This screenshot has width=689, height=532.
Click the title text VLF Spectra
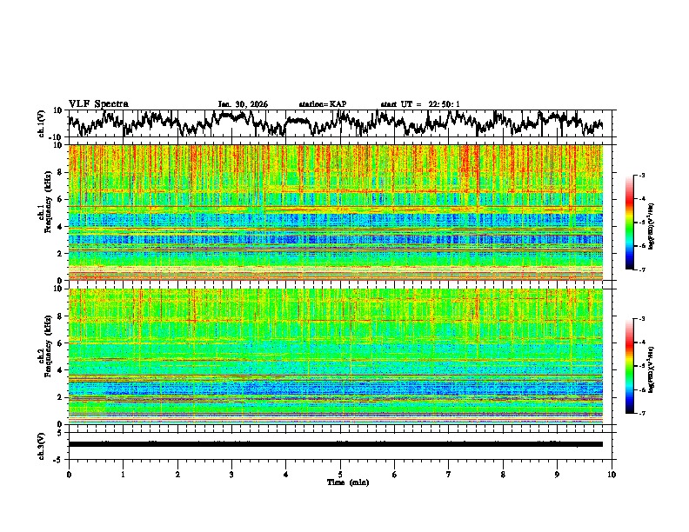(x=98, y=104)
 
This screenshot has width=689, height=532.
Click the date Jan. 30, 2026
(x=243, y=104)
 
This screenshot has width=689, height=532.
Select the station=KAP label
(x=323, y=104)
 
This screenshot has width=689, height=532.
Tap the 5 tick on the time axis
(x=340, y=475)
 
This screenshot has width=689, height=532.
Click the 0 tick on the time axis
(x=69, y=475)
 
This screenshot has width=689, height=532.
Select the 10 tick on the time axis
(x=612, y=475)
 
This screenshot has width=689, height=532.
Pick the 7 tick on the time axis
(x=449, y=475)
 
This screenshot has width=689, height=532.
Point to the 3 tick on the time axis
(x=231, y=475)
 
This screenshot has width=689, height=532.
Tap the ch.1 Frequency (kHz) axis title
(x=43, y=213)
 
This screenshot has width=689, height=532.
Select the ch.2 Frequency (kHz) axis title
(x=43, y=355)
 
